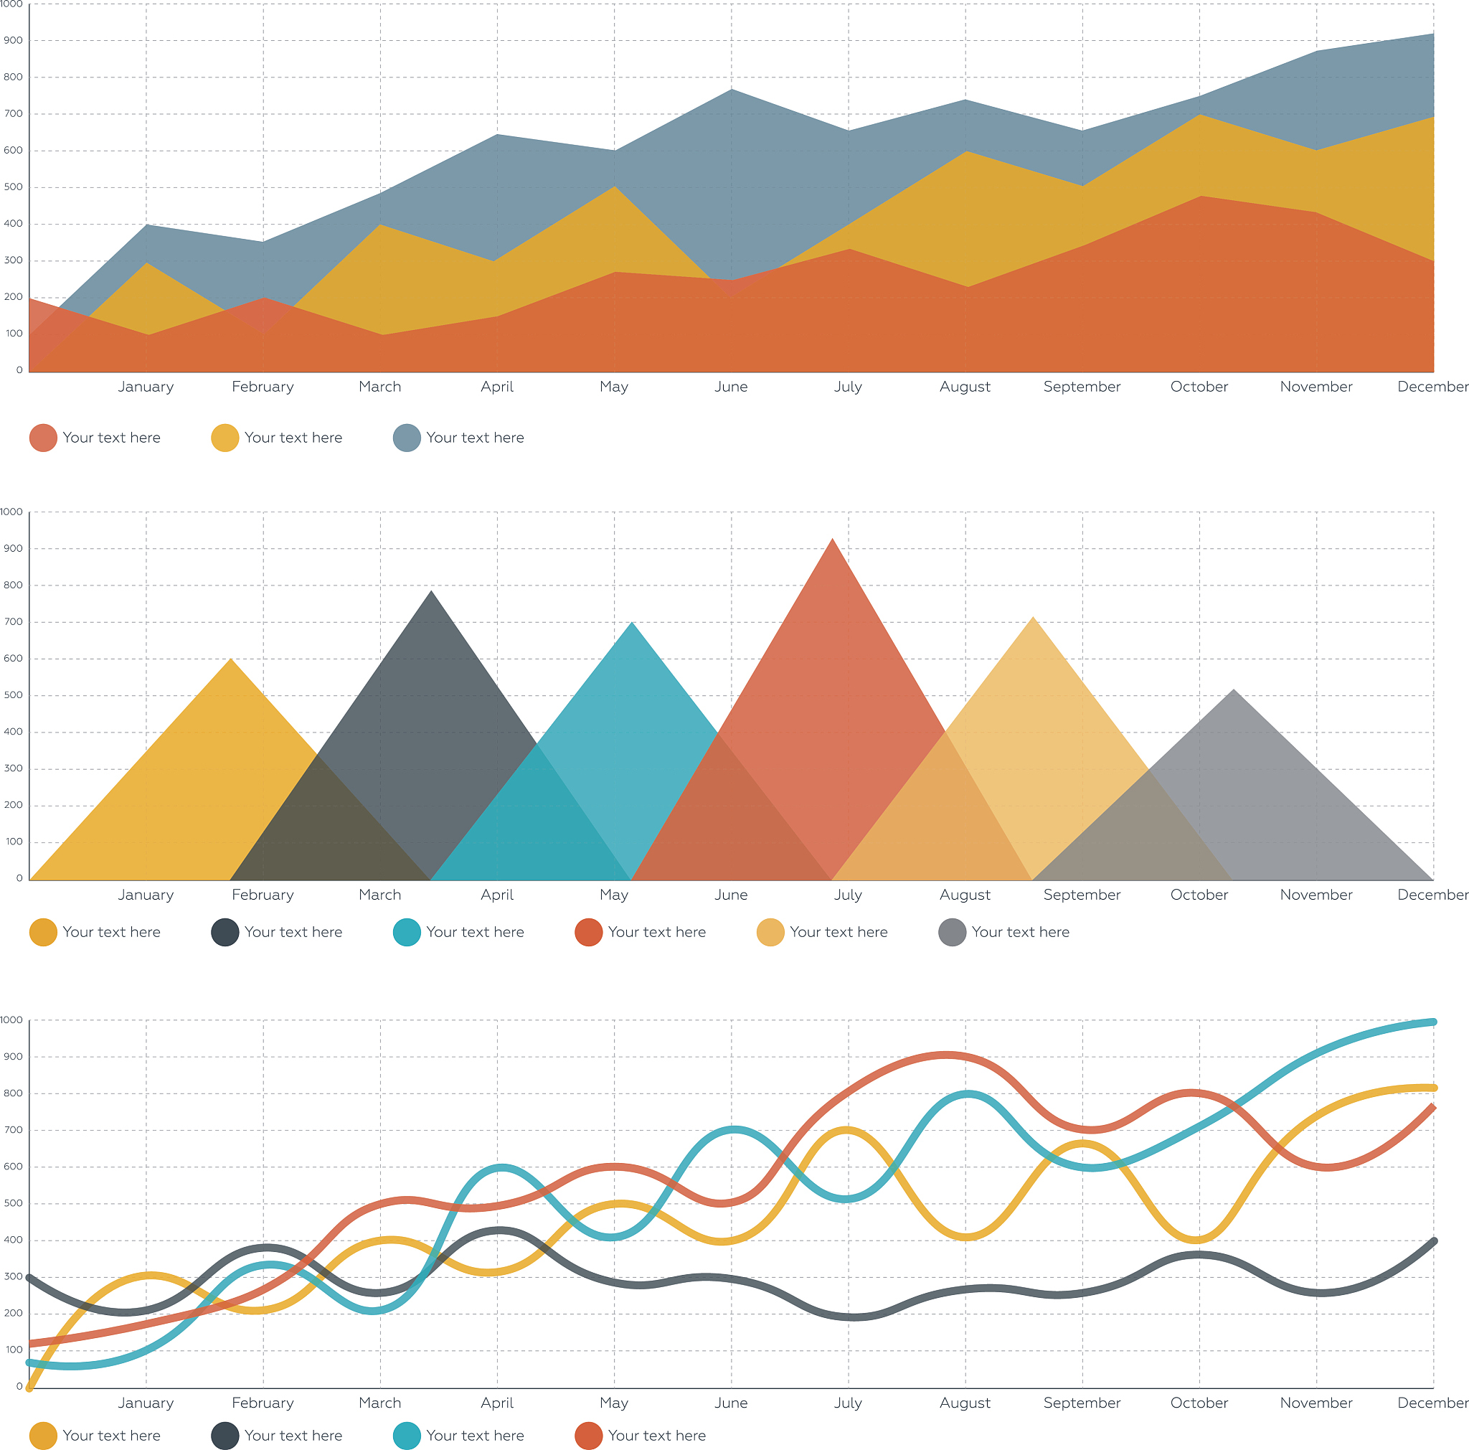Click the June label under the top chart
pyautogui.click(x=731, y=386)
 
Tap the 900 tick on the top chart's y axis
pyautogui.click(x=13, y=40)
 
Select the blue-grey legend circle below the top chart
pyautogui.click(x=407, y=438)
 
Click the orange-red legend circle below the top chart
pyautogui.click(x=43, y=438)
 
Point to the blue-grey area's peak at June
pyautogui.click(x=732, y=90)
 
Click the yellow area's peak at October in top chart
pyautogui.click(x=1200, y=115)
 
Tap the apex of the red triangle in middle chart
pyautogui.click(x=833, y=539)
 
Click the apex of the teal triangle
pyautogui.click(x=632, y=623)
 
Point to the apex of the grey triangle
pyautogui.click(x=1233, y=689)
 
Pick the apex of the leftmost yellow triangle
pyautogui.click(x=231, y=659)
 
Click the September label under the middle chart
pyautogui.click(x=1081, y=894)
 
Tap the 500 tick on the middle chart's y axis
pyautogui.click(x=13, y=695)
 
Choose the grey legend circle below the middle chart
pyautogui.click(x=952, y=932)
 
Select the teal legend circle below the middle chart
pyautogui.click(x=407, y=932)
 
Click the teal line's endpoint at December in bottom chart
pyautogui.click(x=1432, y=1022)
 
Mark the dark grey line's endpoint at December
pyautogui.click(x=1433, y=1241)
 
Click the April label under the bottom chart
pyautogui.click(x=496, y=1403)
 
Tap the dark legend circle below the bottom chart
pyautogui.click(x=225, y=1436)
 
